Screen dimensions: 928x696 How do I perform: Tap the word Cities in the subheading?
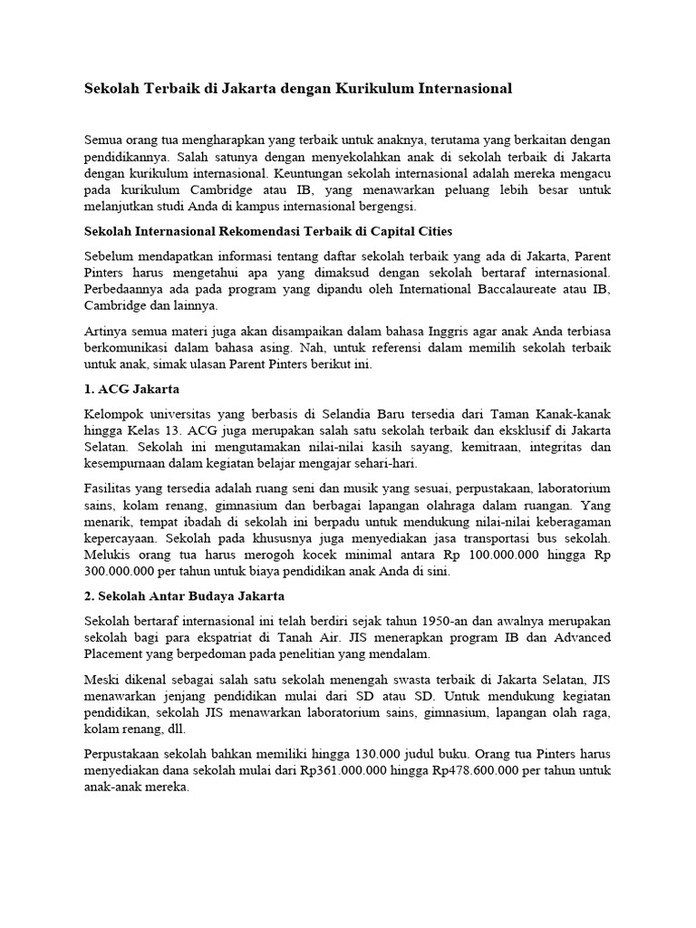coord(430,231)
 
